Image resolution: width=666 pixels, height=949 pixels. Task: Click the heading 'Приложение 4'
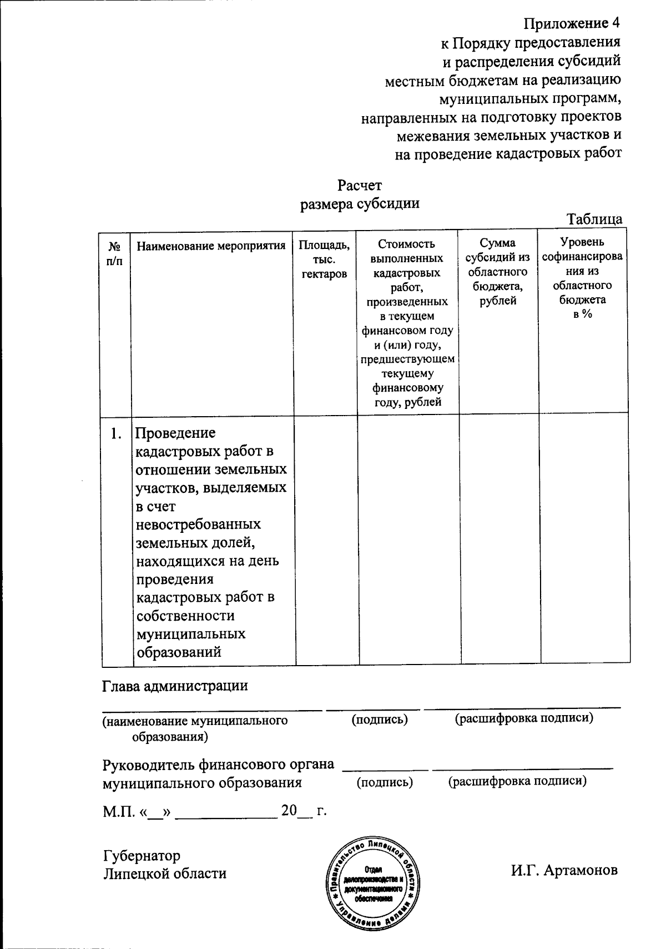click(572, 23)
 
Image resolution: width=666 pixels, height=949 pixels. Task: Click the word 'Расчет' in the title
click(360, 184)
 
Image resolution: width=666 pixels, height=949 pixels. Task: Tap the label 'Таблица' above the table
click(594, 219)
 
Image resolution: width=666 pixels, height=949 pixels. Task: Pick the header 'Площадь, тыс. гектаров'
click(324, 259)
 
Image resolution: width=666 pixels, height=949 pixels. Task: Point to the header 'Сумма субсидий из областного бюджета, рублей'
click(498, 272)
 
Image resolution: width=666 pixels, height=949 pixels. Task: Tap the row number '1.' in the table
click(116, 433)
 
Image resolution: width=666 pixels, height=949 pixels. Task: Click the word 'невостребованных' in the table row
click(199, 524)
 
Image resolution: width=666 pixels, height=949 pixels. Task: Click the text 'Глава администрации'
click(175, 685)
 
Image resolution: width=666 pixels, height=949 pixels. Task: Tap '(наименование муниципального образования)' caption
click(194, 728)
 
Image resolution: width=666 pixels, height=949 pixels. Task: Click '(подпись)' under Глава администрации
click(380, 720)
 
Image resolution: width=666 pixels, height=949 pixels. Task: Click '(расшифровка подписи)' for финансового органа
click(517, 781)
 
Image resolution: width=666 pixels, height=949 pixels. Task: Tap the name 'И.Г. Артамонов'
click(564, 870)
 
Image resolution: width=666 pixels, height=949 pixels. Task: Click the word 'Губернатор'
click(142, 855)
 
